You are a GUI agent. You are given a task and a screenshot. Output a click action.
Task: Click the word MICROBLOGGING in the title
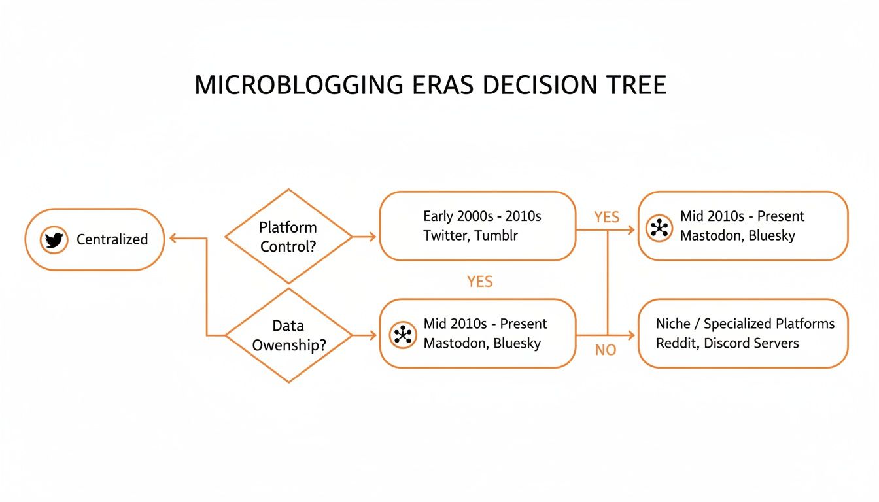click(298, 86)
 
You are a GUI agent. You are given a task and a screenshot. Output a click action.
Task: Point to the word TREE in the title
click(634, 86)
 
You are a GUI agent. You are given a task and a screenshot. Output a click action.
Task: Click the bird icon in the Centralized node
click(54, 240)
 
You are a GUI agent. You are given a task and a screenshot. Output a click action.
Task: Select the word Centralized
click(112, 240)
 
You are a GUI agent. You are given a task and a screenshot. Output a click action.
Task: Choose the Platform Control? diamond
click(288, 237)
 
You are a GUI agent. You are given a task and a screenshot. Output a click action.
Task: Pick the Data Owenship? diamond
click(288, 335)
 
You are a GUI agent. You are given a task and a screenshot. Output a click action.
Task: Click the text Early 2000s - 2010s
click(482, 216)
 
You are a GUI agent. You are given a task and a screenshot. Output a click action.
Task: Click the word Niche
click(673, 324)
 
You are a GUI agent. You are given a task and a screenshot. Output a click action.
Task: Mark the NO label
click(606, 350)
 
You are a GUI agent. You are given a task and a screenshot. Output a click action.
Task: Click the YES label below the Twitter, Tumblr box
click(480, 282)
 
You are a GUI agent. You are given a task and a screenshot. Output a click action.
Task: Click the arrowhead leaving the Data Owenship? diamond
click(372, 335)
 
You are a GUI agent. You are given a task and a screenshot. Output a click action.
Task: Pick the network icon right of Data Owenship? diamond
click(403, 335)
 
